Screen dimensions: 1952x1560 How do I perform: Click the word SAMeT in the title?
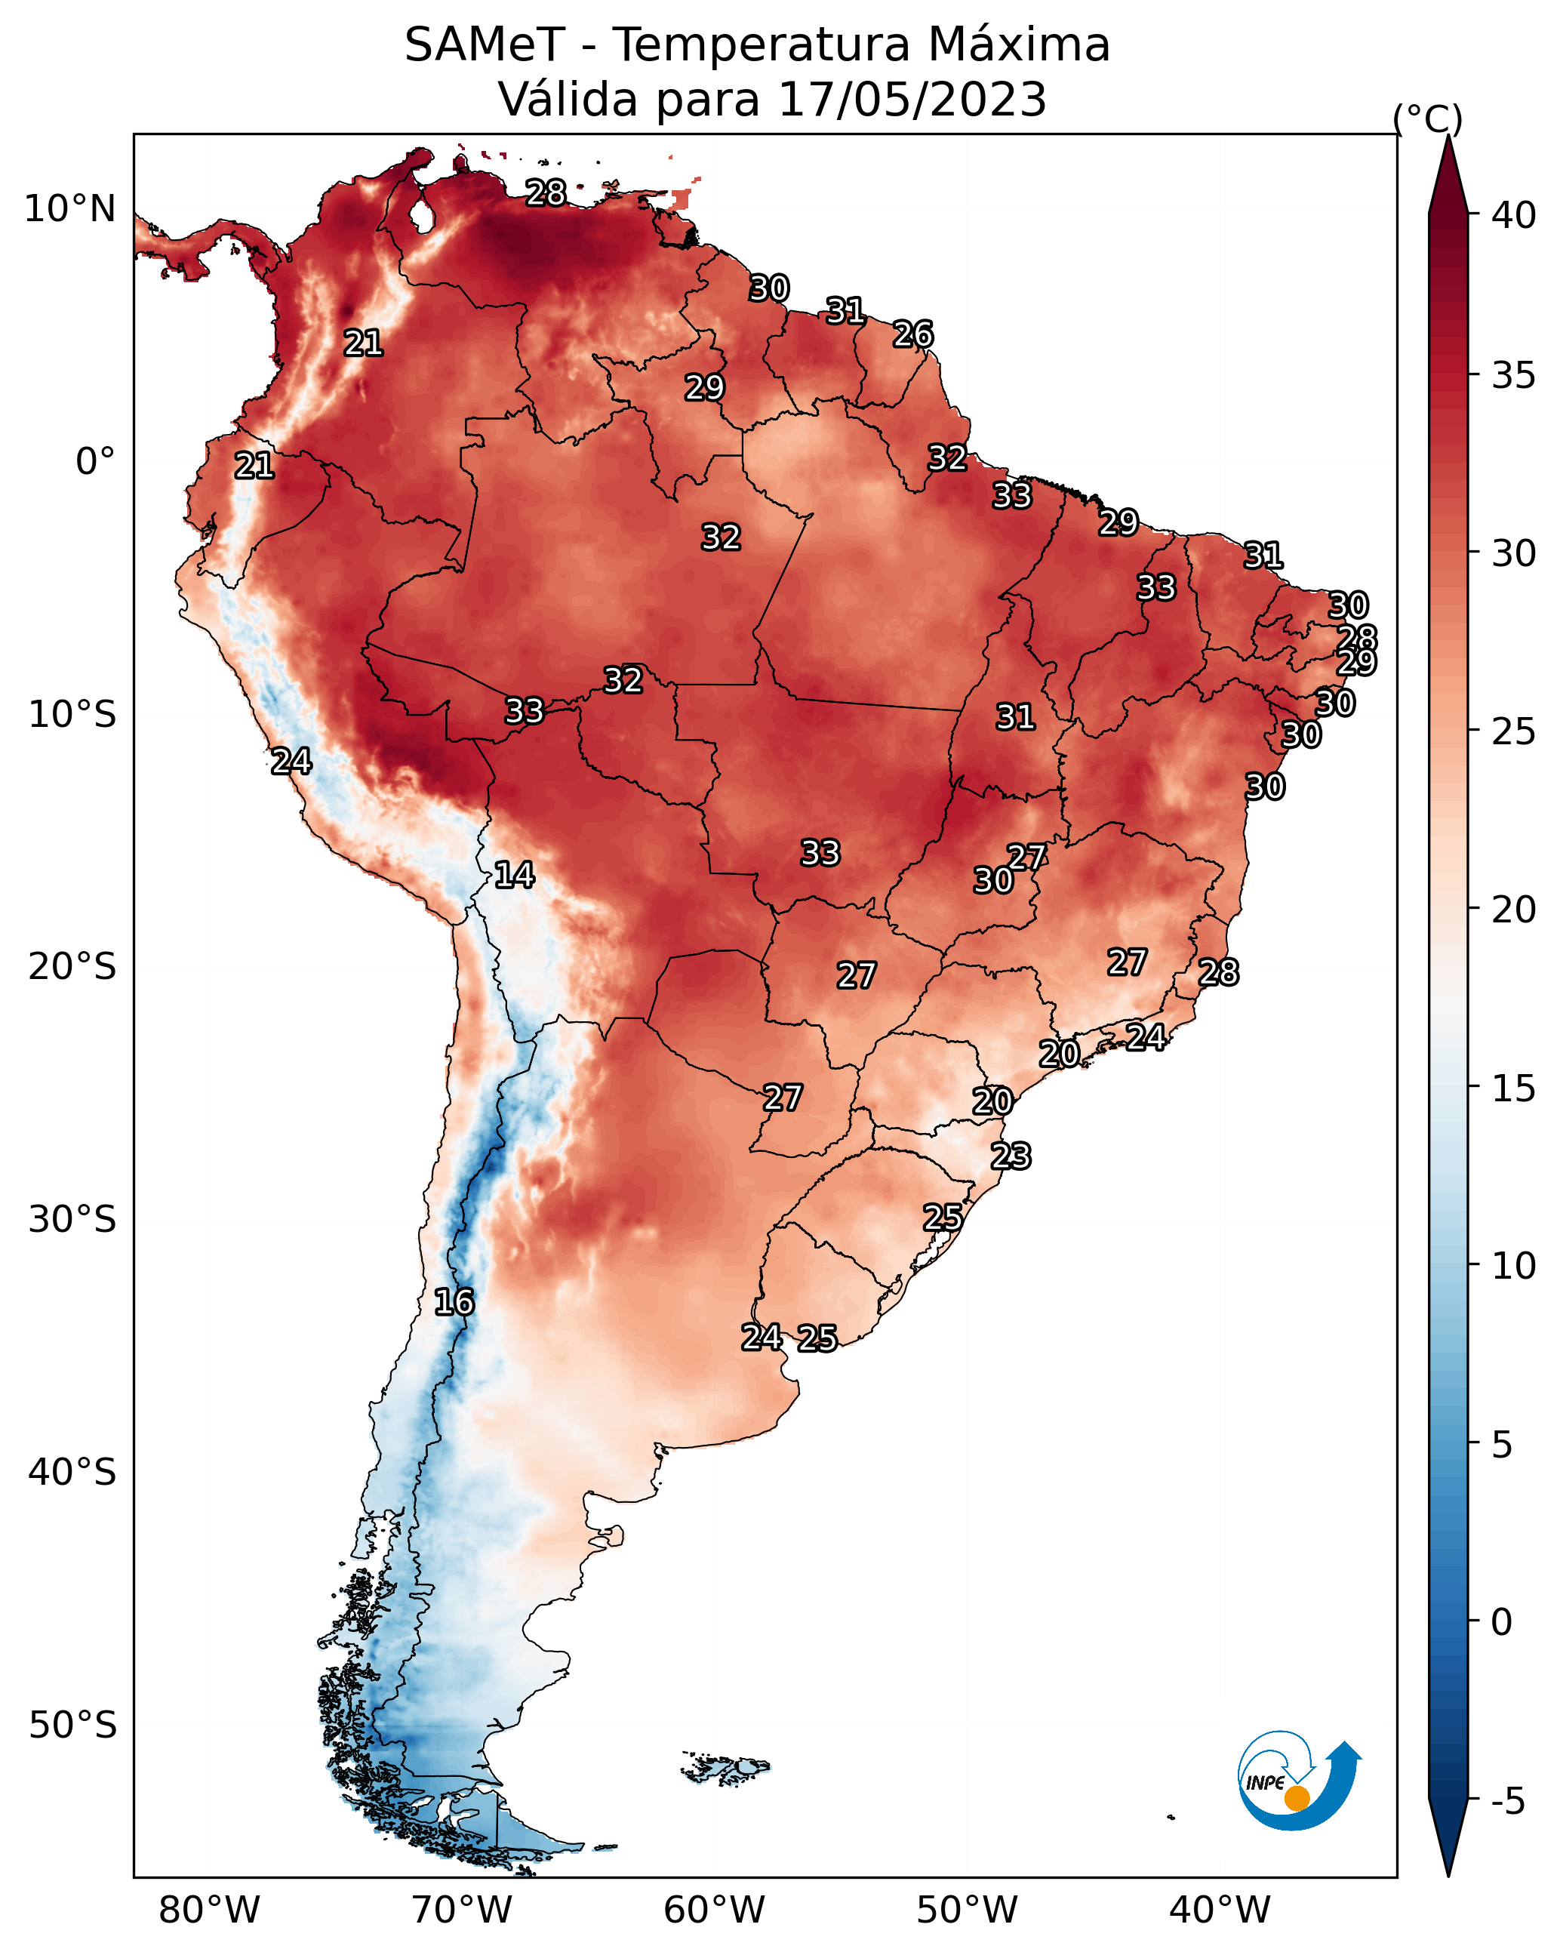pos(485,45)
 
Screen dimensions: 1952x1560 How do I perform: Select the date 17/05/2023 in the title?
pos(912,100)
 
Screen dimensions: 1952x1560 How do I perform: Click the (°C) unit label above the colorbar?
pos(1427,119)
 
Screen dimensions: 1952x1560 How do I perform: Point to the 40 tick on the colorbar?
pos(1514,215)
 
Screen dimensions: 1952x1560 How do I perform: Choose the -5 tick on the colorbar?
pos(1507,1802)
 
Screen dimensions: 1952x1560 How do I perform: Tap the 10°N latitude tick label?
pos(69,209)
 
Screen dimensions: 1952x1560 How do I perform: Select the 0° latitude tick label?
pos(95,462)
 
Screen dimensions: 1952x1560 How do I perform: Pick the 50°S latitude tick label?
pos(72,1726)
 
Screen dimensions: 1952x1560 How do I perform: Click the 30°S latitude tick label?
pos(72,1220)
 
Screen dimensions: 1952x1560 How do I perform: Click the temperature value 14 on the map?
pos(514,875)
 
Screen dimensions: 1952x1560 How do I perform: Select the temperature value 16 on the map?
pos(454,1302)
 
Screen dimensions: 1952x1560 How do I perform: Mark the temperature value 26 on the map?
pos(912,334)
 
